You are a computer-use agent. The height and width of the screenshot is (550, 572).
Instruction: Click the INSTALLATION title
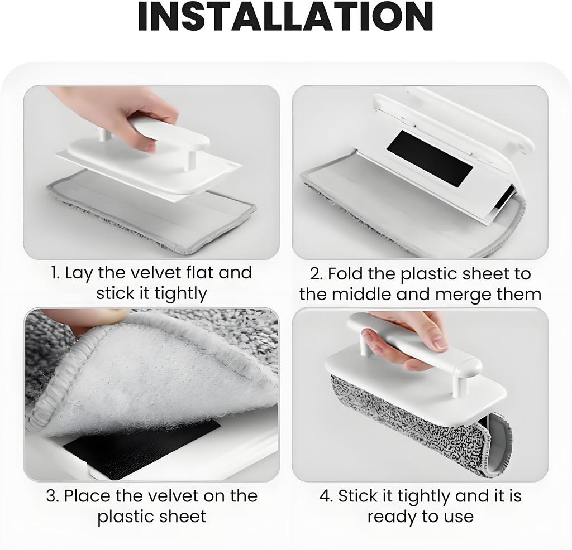coord(285,17)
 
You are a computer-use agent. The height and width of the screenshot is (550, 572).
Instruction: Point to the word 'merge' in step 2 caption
coord(464,294)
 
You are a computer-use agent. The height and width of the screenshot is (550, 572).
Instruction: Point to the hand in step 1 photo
coord(120,112)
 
